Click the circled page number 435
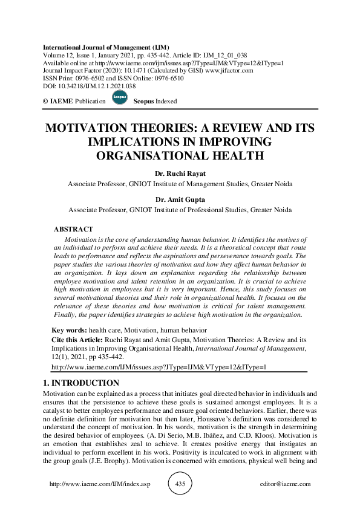click(x=180, y=484)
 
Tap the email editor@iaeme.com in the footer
click(x=284, y=484)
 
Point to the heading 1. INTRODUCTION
click(x=81, y=383)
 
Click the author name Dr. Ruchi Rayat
click(x=180, y=173)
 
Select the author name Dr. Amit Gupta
click(x=180, y=200)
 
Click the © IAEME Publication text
click(x=74, y=101)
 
